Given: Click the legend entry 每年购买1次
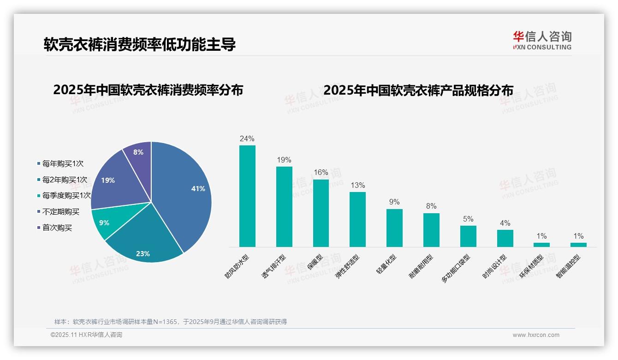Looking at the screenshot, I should (x=63, y=164).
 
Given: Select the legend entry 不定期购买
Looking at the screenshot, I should (x=60, y=212).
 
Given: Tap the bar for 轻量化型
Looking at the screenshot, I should (x=394, y=228).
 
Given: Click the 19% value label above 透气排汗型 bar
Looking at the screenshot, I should (x=284, y=160).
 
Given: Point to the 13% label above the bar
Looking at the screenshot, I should (x=357, y=186).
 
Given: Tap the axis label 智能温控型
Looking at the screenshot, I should (x=569, y=266).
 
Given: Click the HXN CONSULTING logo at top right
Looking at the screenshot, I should (x=542, y=40).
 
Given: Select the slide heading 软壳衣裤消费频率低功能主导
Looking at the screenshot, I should (x=140, y=44).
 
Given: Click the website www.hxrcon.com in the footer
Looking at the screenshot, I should (x=536, y=335).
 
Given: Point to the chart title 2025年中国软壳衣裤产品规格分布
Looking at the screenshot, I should (x=418, y=90).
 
